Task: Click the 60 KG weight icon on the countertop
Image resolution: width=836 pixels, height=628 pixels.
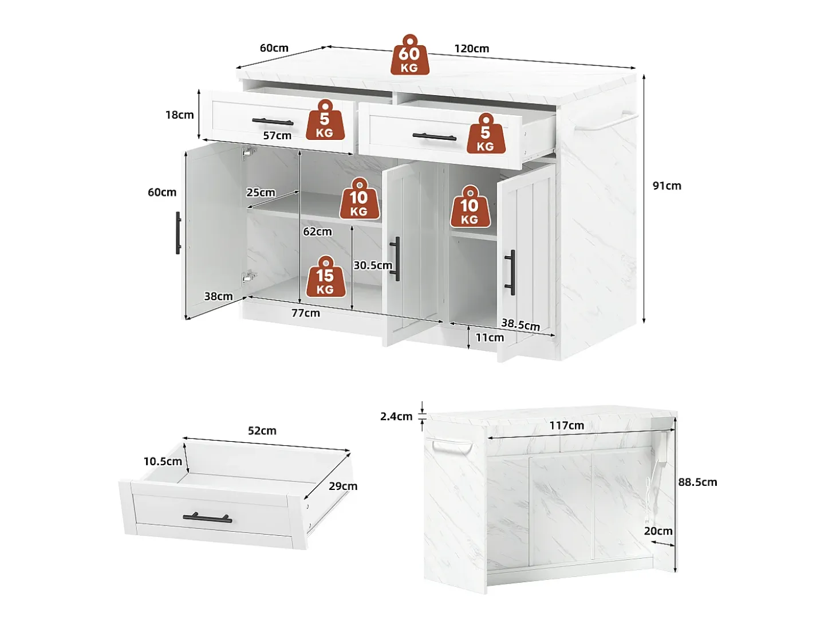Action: (409, 54)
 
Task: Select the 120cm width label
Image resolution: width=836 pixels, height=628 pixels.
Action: (471, 49)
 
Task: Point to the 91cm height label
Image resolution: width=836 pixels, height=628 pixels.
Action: (667, 186)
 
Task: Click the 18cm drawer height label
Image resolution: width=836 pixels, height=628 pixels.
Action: (179, 115)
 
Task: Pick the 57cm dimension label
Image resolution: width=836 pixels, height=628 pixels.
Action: (277, 135)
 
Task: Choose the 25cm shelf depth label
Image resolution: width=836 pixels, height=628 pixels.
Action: (261, 193)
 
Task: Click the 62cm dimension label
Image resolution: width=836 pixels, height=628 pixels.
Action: (317, 231)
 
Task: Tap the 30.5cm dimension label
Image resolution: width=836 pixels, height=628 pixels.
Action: (373, 265)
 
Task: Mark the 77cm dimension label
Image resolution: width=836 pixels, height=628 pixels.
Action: (305, 313)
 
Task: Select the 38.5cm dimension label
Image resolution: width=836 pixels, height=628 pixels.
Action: (520, 324)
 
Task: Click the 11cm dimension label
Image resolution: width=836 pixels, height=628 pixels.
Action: (490, 337)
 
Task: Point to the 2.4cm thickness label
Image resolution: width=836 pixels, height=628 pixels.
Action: (396, 417)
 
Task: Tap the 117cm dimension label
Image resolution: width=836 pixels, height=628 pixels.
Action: (566, 425)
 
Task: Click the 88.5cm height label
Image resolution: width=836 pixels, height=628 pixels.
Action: (697, 482)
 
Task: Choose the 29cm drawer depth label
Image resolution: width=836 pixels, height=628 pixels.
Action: (343, 486)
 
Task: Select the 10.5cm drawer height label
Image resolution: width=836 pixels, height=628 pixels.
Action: (163, 461)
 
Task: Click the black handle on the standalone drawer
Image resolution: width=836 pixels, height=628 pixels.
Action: (208, 517)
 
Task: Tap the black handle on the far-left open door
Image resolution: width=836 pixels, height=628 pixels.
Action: (178, 233)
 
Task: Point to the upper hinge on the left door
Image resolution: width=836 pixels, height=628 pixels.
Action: (249, 151)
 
